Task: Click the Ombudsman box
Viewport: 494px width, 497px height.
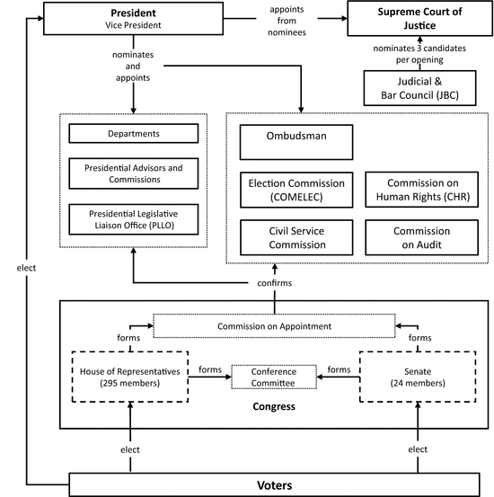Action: (x=296, y=142)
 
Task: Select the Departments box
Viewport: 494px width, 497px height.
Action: (x=134, y=133)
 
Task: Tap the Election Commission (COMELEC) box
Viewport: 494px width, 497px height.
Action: (x=296, y=190)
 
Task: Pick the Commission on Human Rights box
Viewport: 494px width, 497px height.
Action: (x=422, y=190)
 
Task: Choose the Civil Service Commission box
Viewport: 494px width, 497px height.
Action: (x=296, y=237)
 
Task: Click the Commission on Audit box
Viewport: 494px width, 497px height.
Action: (x=422, y=237)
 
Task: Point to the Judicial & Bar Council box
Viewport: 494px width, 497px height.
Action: (x=419, y=88)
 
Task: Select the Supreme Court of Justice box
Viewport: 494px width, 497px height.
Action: (x=419, y=18)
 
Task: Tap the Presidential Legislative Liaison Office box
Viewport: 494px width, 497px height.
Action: (x=134, y=219)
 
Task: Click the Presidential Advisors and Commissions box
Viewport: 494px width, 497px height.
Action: (x=134, y=173)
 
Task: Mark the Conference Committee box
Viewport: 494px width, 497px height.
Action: (x=274, y=377)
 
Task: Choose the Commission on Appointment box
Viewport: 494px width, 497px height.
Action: (x=274, y=326)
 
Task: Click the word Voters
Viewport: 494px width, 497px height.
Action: (x=275, y=485)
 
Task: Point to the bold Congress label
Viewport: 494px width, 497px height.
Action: (x=274, y=406)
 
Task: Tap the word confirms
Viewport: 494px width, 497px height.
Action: (x=275, y=283)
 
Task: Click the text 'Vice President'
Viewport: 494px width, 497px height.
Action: (x=133, y=25)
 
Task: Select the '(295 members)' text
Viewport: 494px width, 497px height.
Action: (x=130, y=383)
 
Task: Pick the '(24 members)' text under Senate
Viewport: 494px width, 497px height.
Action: (x=418, y=383)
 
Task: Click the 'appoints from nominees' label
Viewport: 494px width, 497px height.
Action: (x=287, y=21)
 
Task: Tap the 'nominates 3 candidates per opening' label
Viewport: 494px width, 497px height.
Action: (x=419, y=54)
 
